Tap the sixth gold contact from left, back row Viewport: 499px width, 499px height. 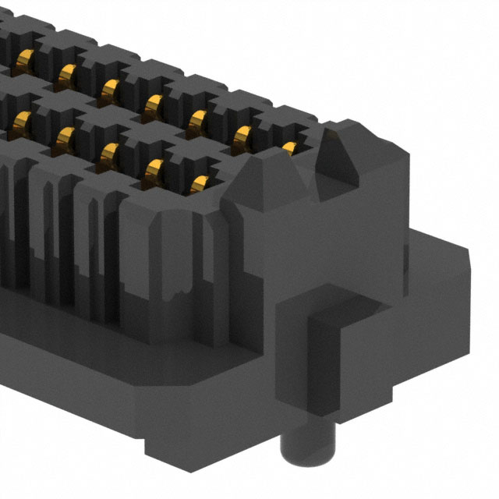(244, 132)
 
